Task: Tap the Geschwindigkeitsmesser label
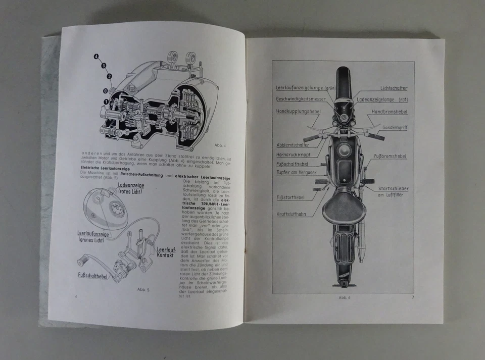tap(301, 99)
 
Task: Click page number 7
tap(412, 297)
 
